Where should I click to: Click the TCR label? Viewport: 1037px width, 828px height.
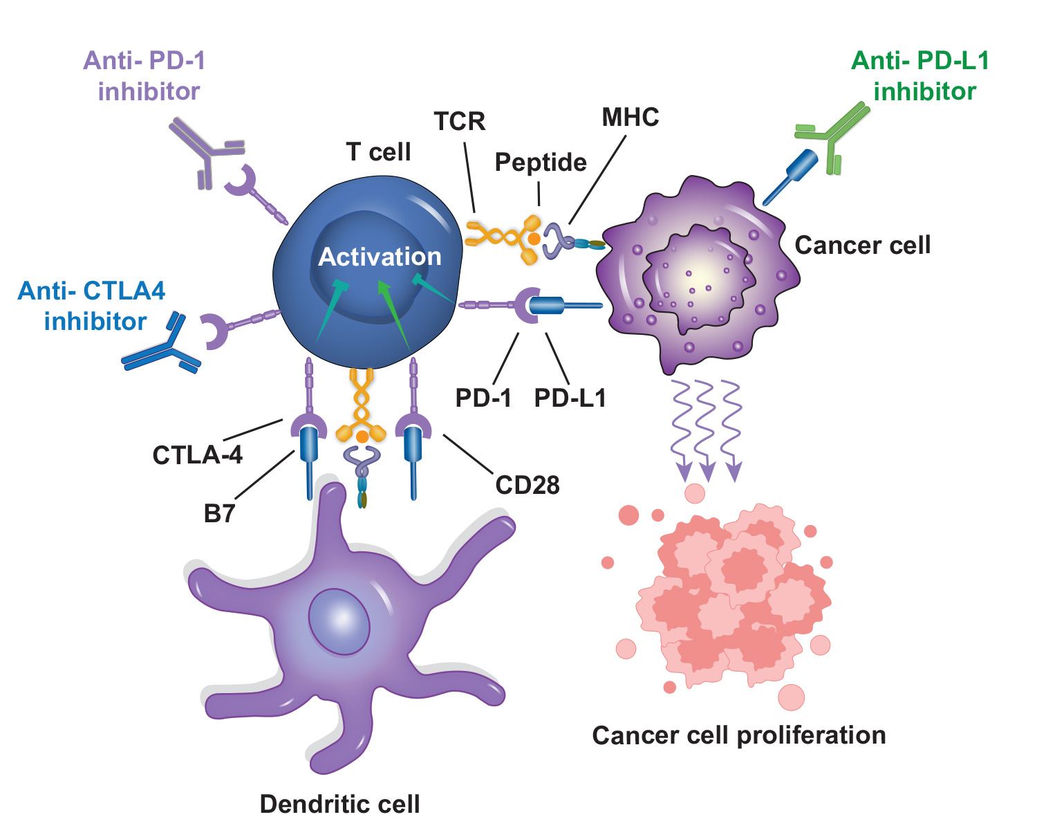tap(460, 122)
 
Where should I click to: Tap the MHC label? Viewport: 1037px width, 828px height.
tap(630, 118)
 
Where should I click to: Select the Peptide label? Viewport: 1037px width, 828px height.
tap(541, 163)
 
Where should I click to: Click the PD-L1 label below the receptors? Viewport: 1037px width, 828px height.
tap(570, 398)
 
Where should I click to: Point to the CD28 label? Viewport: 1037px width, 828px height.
tap(527, 486)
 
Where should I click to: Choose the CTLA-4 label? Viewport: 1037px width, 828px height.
tap(198, 455)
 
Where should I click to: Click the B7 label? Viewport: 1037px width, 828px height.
tap(220, 514)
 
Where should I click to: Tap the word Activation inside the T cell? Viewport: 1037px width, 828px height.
tap(380, 257)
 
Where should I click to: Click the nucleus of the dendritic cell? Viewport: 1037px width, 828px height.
tap(339, 620)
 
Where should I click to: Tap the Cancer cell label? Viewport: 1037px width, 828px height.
tap(862, 246)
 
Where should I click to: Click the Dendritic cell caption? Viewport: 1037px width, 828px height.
tap(339, 804)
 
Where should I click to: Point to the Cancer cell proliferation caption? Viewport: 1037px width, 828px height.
tap(738, 735)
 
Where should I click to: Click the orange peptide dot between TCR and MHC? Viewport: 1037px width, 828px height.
tap(534, 239)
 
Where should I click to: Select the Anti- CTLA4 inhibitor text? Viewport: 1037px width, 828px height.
tap(92, 306)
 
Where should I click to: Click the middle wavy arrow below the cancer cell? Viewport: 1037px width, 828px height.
tap(705, 429)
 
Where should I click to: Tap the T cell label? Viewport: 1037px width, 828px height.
tap(378, 152)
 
